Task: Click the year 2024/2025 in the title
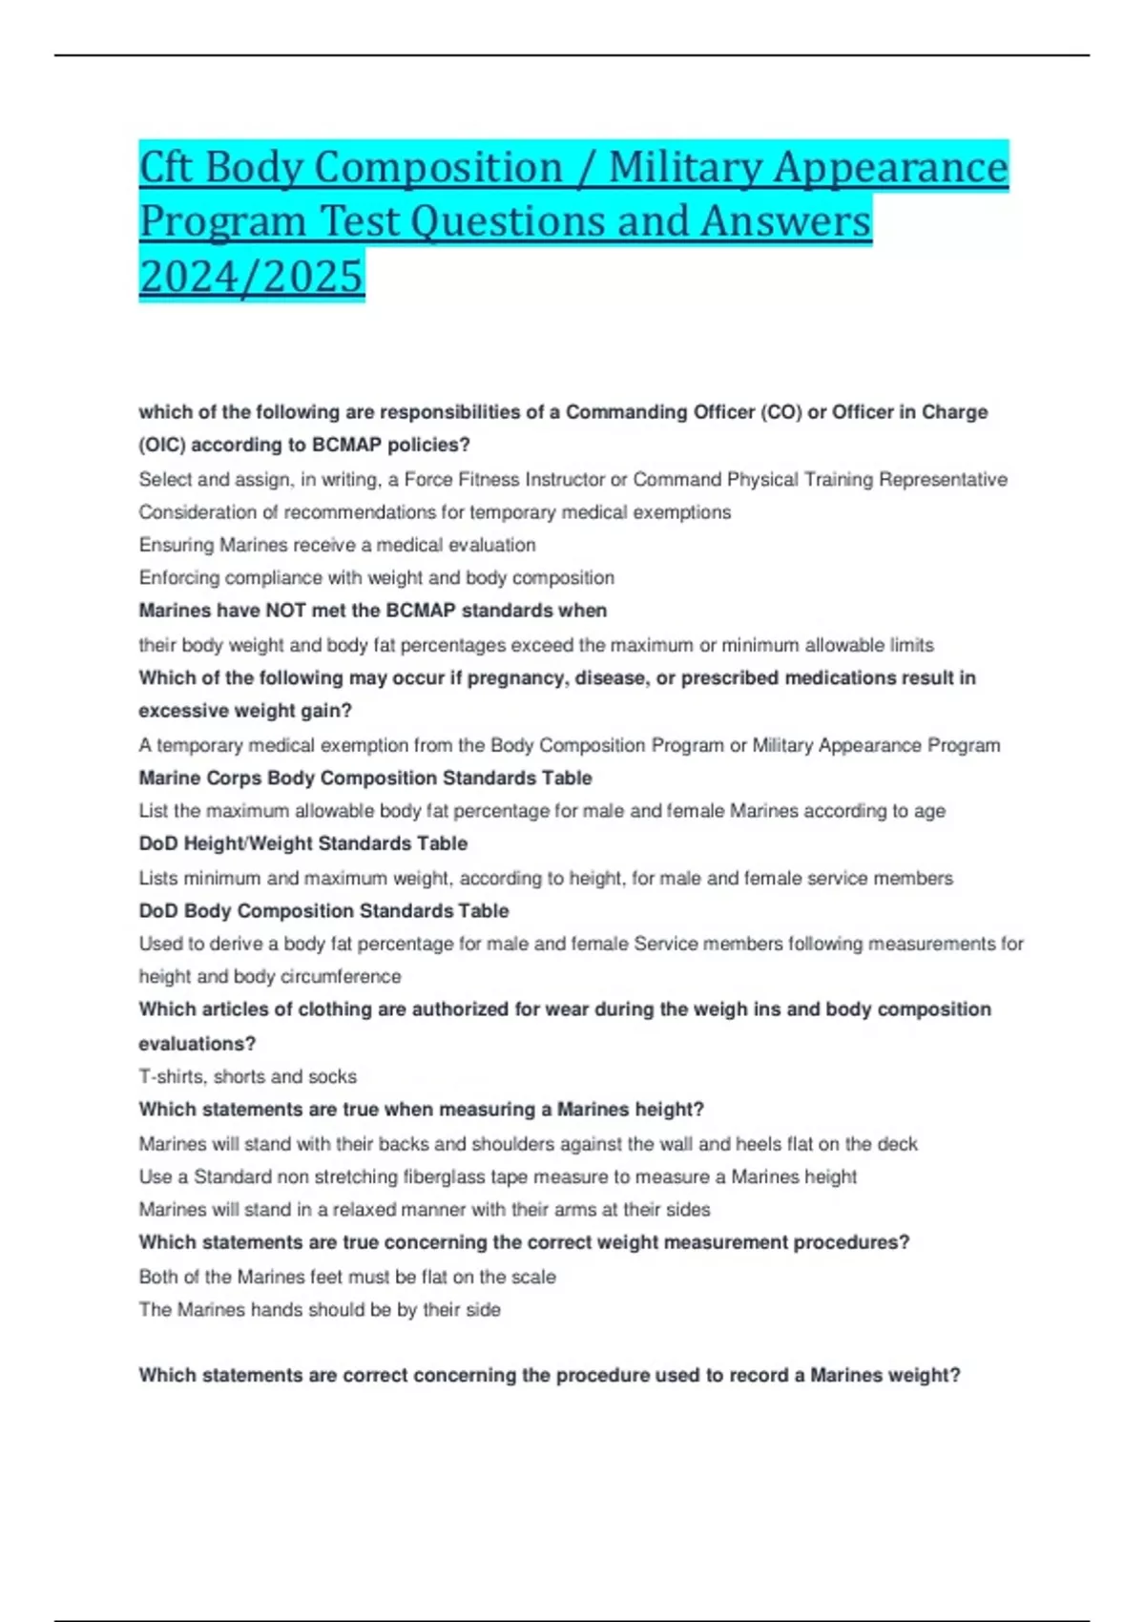252,276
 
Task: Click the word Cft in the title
166,167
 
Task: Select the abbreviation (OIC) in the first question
162,445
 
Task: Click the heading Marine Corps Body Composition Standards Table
365,778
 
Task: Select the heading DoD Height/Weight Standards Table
303,843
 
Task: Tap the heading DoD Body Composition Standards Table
323,910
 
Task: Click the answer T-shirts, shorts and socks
248,1076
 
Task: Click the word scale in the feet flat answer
534,1277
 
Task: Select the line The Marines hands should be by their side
320,1310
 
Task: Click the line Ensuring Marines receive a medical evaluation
338,545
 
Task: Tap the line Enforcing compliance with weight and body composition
377,577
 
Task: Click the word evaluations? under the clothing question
198,1043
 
